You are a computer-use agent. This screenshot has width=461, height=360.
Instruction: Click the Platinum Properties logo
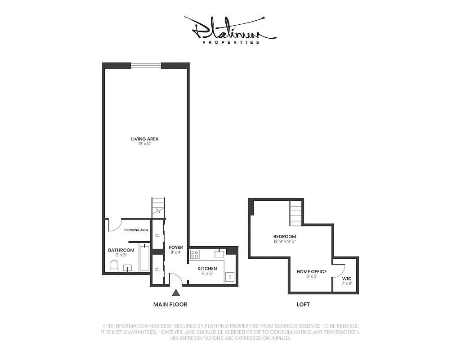click(x=230, y=30)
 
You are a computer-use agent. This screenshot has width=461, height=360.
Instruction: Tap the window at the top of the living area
click(x=146, y=66)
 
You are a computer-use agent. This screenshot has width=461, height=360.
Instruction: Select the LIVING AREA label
click(x=145, y=139)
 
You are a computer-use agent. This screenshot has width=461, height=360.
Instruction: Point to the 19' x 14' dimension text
click(x=145, y=144)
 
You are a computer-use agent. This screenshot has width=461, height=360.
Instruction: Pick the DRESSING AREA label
click(x=136, y=230)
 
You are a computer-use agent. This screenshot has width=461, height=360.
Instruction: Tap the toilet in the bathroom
click(x=114, y=266)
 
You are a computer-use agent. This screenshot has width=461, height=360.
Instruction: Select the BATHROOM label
click(x=121, y=250)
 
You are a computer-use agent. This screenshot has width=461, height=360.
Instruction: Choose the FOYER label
click(x=176, y=247)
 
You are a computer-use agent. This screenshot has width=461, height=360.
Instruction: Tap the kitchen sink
click(x=219, y=253)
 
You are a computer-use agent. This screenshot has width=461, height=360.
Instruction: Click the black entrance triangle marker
click(x=176, y=293)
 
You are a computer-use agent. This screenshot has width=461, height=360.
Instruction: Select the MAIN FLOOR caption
click(x=170, y=305)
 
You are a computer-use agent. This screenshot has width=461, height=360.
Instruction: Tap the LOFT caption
click(x=303, y=305)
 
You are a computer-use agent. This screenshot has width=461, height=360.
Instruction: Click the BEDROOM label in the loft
click(x=285, y=237)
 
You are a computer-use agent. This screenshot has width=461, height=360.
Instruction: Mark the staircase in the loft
click(x=295, y=213)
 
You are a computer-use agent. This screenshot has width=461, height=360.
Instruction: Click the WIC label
click(x=346, y=279)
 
